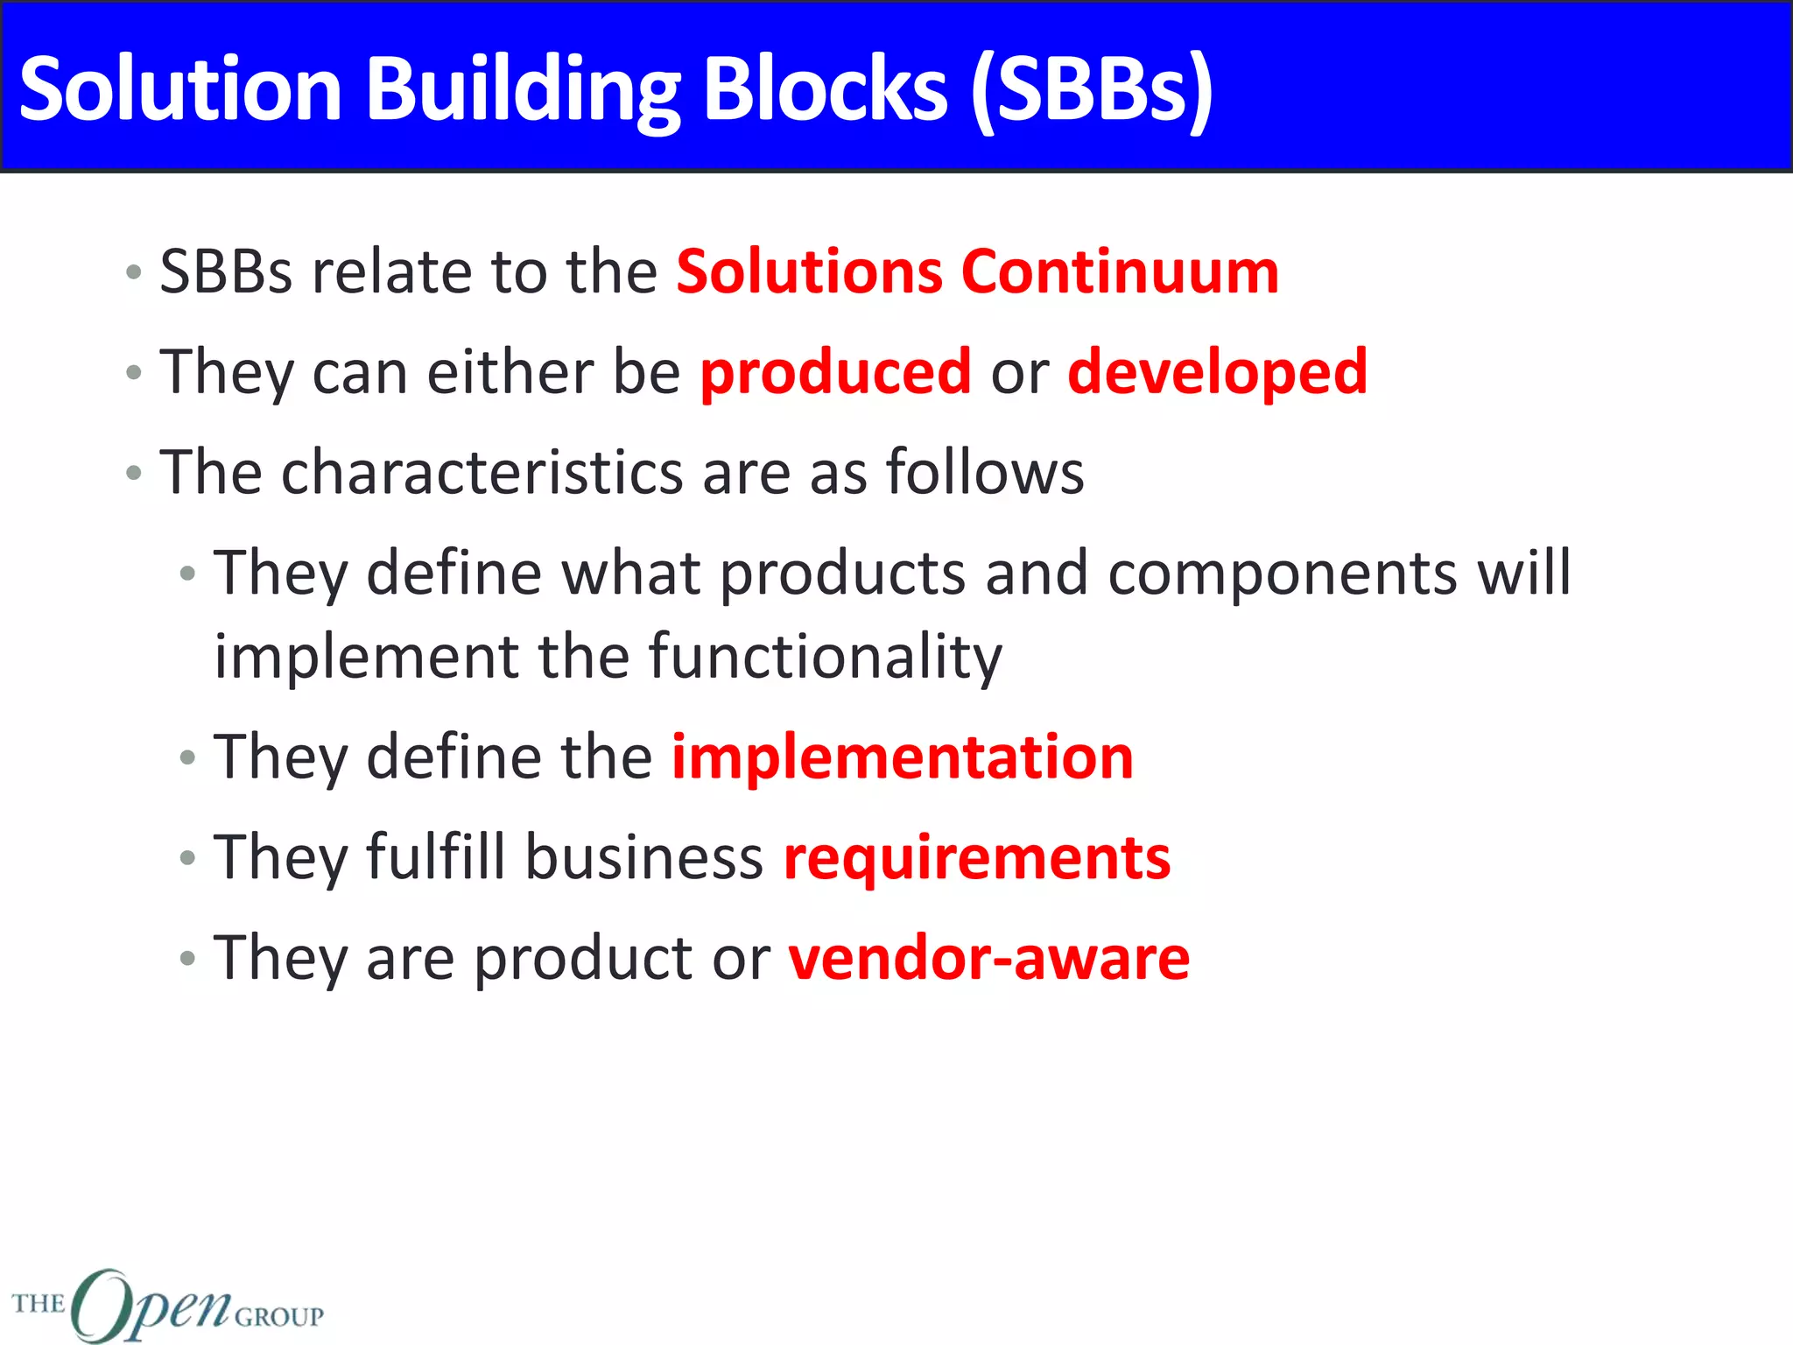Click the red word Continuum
tap(1120, 271)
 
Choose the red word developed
tap(1217, 371)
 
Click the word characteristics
tap(482, 472)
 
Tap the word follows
tap(984, 472)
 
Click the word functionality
tap(825, 658)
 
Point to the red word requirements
tap(976, 859)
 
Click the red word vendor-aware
tap(988, 958)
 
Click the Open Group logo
tap(166, 1305)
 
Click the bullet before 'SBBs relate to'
tap(133, 271)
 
